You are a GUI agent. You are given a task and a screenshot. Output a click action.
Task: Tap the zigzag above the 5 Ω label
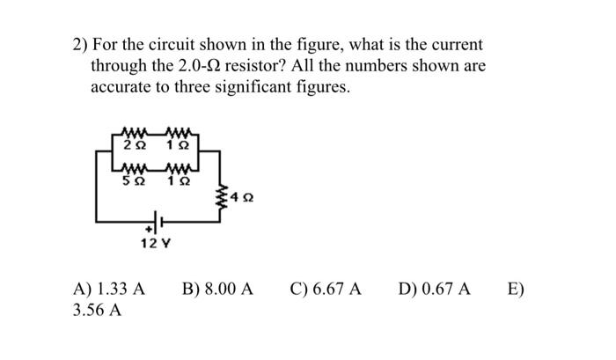pos(135,170)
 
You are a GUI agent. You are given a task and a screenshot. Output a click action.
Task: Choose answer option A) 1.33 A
pos(111,289)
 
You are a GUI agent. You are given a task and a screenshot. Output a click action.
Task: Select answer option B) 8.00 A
pos(217,289)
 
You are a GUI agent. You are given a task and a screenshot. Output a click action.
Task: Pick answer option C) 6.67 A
pos(325,289)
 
